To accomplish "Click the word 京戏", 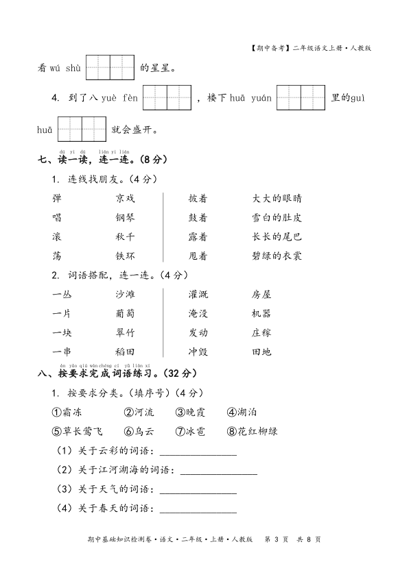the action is [125, 199].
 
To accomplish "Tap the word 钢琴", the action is [125, 218].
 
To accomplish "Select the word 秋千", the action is [125, 237].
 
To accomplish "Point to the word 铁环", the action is [125, 256].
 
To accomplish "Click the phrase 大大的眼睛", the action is [277, 199].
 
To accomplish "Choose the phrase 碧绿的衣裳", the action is [277, 256].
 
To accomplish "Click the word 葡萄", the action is [125, 314].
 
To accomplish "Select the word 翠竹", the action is [125, 333].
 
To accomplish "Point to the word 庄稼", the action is [261, 333].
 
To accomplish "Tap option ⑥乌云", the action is [139, 432].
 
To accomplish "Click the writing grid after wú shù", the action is [110, 68].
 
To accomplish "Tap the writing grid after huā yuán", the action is [301, 98].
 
